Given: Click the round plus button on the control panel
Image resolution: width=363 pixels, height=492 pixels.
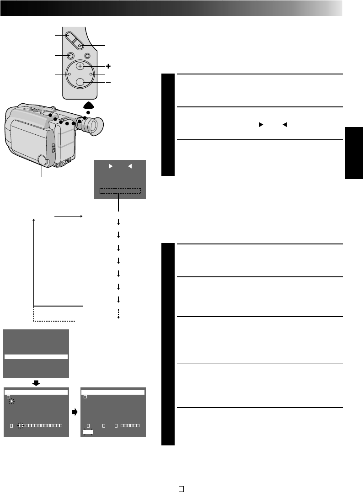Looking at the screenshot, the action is pyautogui.click(x=80, y=66).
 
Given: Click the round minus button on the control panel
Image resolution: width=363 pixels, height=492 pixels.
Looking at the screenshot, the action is pyautogui.click(x=80, y=82).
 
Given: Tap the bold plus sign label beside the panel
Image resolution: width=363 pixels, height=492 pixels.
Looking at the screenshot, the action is pyautogui.click(x=108, y=66).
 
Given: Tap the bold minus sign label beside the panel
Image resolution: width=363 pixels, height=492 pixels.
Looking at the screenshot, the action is pyautogui.click(x=108, y=82).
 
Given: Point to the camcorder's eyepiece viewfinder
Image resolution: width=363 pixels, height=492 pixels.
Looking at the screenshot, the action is pyautogui.click(x=93, y=126).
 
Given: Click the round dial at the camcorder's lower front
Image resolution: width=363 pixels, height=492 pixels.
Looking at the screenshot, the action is pyautogui.click(x=42, y=160).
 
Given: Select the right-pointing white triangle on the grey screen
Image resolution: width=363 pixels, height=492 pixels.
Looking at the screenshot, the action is pyautogui.click(x=110, y=167).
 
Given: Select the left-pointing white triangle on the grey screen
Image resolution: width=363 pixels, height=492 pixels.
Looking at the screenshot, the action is pyautogui.click(x=129, y=167).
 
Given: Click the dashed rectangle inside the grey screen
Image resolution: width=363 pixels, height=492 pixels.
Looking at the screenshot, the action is pyautogui.click(x=120, y=191).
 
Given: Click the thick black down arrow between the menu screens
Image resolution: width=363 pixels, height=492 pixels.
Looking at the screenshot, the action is pyautogui.click(x=37, y=382).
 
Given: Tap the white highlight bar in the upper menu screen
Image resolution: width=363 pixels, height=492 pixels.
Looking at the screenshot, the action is pyautogui.click(x=36, y=357).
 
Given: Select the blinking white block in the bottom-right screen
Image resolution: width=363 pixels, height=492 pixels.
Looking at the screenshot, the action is pyautogui.click(x=87, y=431).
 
